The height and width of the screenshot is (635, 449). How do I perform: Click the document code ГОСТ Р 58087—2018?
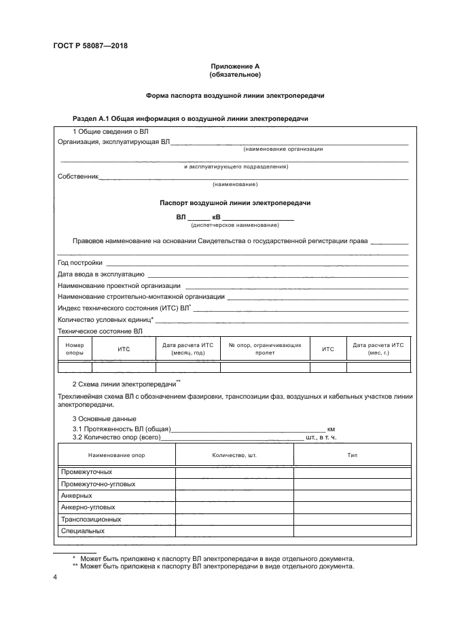(90, 46)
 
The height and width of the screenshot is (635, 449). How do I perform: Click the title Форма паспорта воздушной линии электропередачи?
(235, 96)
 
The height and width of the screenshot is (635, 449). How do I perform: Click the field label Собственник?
(78, 177)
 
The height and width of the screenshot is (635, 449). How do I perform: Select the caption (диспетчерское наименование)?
(235, 225)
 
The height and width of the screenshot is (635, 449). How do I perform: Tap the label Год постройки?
(80, 262)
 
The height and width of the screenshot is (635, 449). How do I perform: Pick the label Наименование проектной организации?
(119, 285)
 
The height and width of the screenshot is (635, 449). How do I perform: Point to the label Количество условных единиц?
(105, 319)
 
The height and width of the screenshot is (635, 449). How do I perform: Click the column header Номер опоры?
(75, 349)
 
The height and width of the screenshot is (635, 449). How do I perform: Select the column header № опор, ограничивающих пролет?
(265, 349)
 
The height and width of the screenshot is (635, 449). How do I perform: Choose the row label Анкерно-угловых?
(88, 507)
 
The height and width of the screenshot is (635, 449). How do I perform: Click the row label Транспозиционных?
(91, 519)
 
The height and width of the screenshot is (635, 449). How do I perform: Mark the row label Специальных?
(83, 530)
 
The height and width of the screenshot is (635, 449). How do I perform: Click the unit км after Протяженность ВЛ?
(331, 429)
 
